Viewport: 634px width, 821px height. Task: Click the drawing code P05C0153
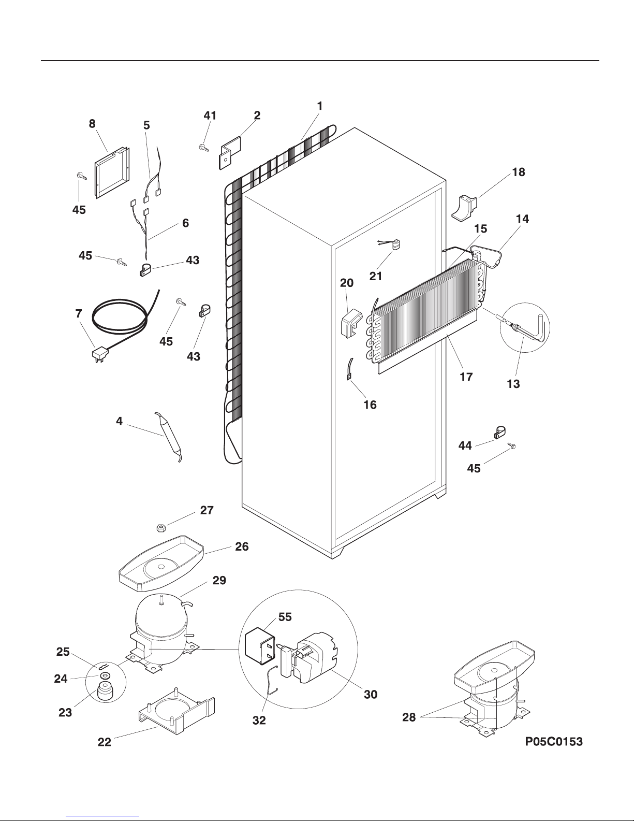coord(554,742)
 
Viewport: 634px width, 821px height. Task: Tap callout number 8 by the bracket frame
coord(92,124)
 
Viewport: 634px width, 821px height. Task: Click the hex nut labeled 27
coord(161,528)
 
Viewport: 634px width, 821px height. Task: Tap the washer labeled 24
coord(105,676)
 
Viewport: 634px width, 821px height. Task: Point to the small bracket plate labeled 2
coord(229,151)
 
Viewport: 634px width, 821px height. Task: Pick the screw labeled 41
coord(203,148)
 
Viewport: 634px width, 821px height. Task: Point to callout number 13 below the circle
coord(513,384)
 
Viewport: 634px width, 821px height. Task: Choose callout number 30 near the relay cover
coord(371,695)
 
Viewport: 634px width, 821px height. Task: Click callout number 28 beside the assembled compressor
coord(409,717)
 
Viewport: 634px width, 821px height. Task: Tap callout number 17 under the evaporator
coord(466,377)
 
